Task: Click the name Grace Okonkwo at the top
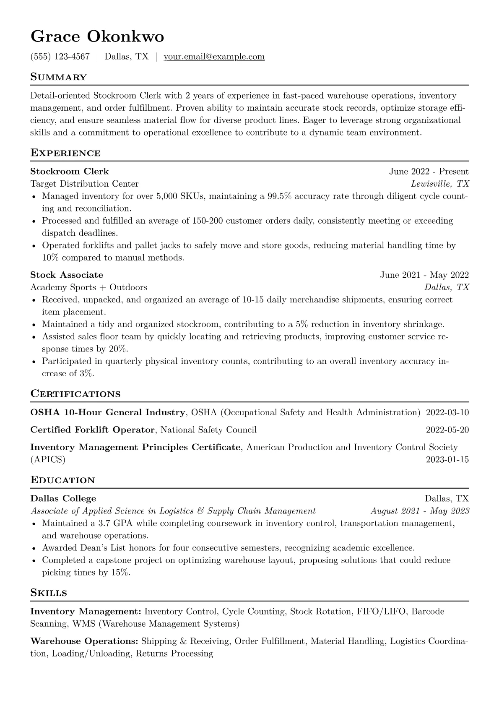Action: [x=97, y=37]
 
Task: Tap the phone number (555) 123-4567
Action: [x=60, y=57]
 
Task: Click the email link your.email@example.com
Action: [x=214, y=57]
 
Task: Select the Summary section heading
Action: [x=58, y=77]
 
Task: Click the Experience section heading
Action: [x=65, y=153]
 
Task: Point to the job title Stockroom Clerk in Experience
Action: [x=69, y=171]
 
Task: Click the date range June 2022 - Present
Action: [x=429, y=171]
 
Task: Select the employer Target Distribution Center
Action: [x=84, y=184]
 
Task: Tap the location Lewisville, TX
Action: [x=440, y=184]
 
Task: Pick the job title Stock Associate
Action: [x=67, y=275]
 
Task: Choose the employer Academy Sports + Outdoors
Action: [x=88, y=287]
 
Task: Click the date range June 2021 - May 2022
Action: [x=424, y=275]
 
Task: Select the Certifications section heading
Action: [x=75, y=394]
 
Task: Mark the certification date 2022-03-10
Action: [x=447, y=412]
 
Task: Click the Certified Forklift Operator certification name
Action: [x=93, y=430]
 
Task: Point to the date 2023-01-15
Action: [x=447, y=459]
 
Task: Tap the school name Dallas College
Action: [x=63, y=498]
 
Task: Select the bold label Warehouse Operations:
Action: [x=84, y=641]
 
